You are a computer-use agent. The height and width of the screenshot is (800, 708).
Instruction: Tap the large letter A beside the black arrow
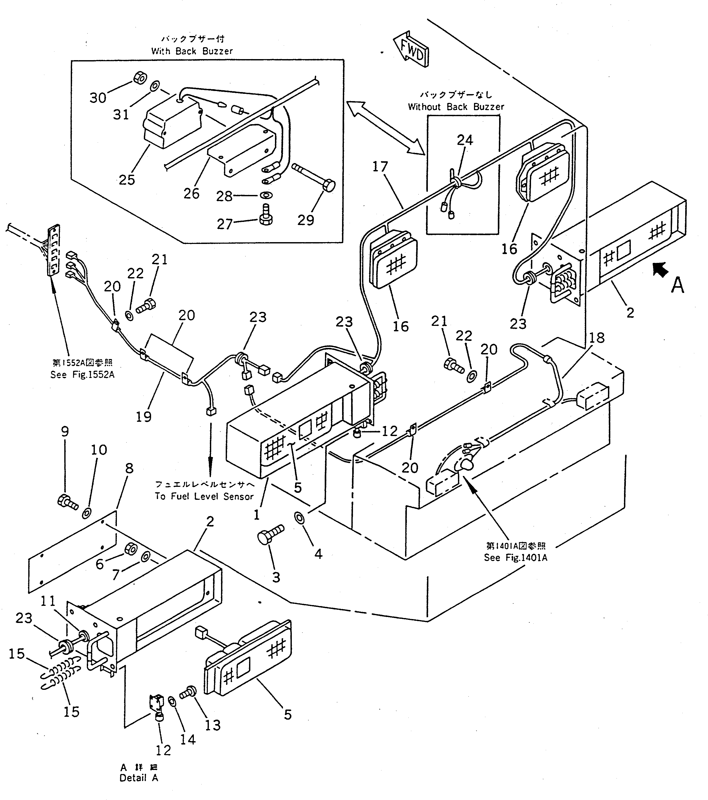tap(677, 285)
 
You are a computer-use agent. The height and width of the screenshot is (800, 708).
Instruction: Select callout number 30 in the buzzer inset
tap(98, 97)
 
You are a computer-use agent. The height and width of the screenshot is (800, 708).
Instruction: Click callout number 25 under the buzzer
tap(127, 180)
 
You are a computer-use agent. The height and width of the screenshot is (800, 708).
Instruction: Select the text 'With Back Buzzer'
tap(192, 51)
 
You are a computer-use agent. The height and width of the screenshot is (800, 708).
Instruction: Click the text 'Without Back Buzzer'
tap(456, 107)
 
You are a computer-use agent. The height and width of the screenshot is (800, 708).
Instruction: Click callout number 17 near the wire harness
tap(380, 167)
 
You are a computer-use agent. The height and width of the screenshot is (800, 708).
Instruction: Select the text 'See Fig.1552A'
tap(82, 375)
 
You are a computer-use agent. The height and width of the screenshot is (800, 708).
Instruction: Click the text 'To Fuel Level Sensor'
tap(204, 496)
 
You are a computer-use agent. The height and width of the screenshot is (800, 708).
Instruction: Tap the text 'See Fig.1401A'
tap(515, 557)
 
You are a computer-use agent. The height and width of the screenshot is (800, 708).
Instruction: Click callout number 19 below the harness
tap(144, 416)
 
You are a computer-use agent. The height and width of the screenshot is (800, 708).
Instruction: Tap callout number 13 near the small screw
tap(213, 725)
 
